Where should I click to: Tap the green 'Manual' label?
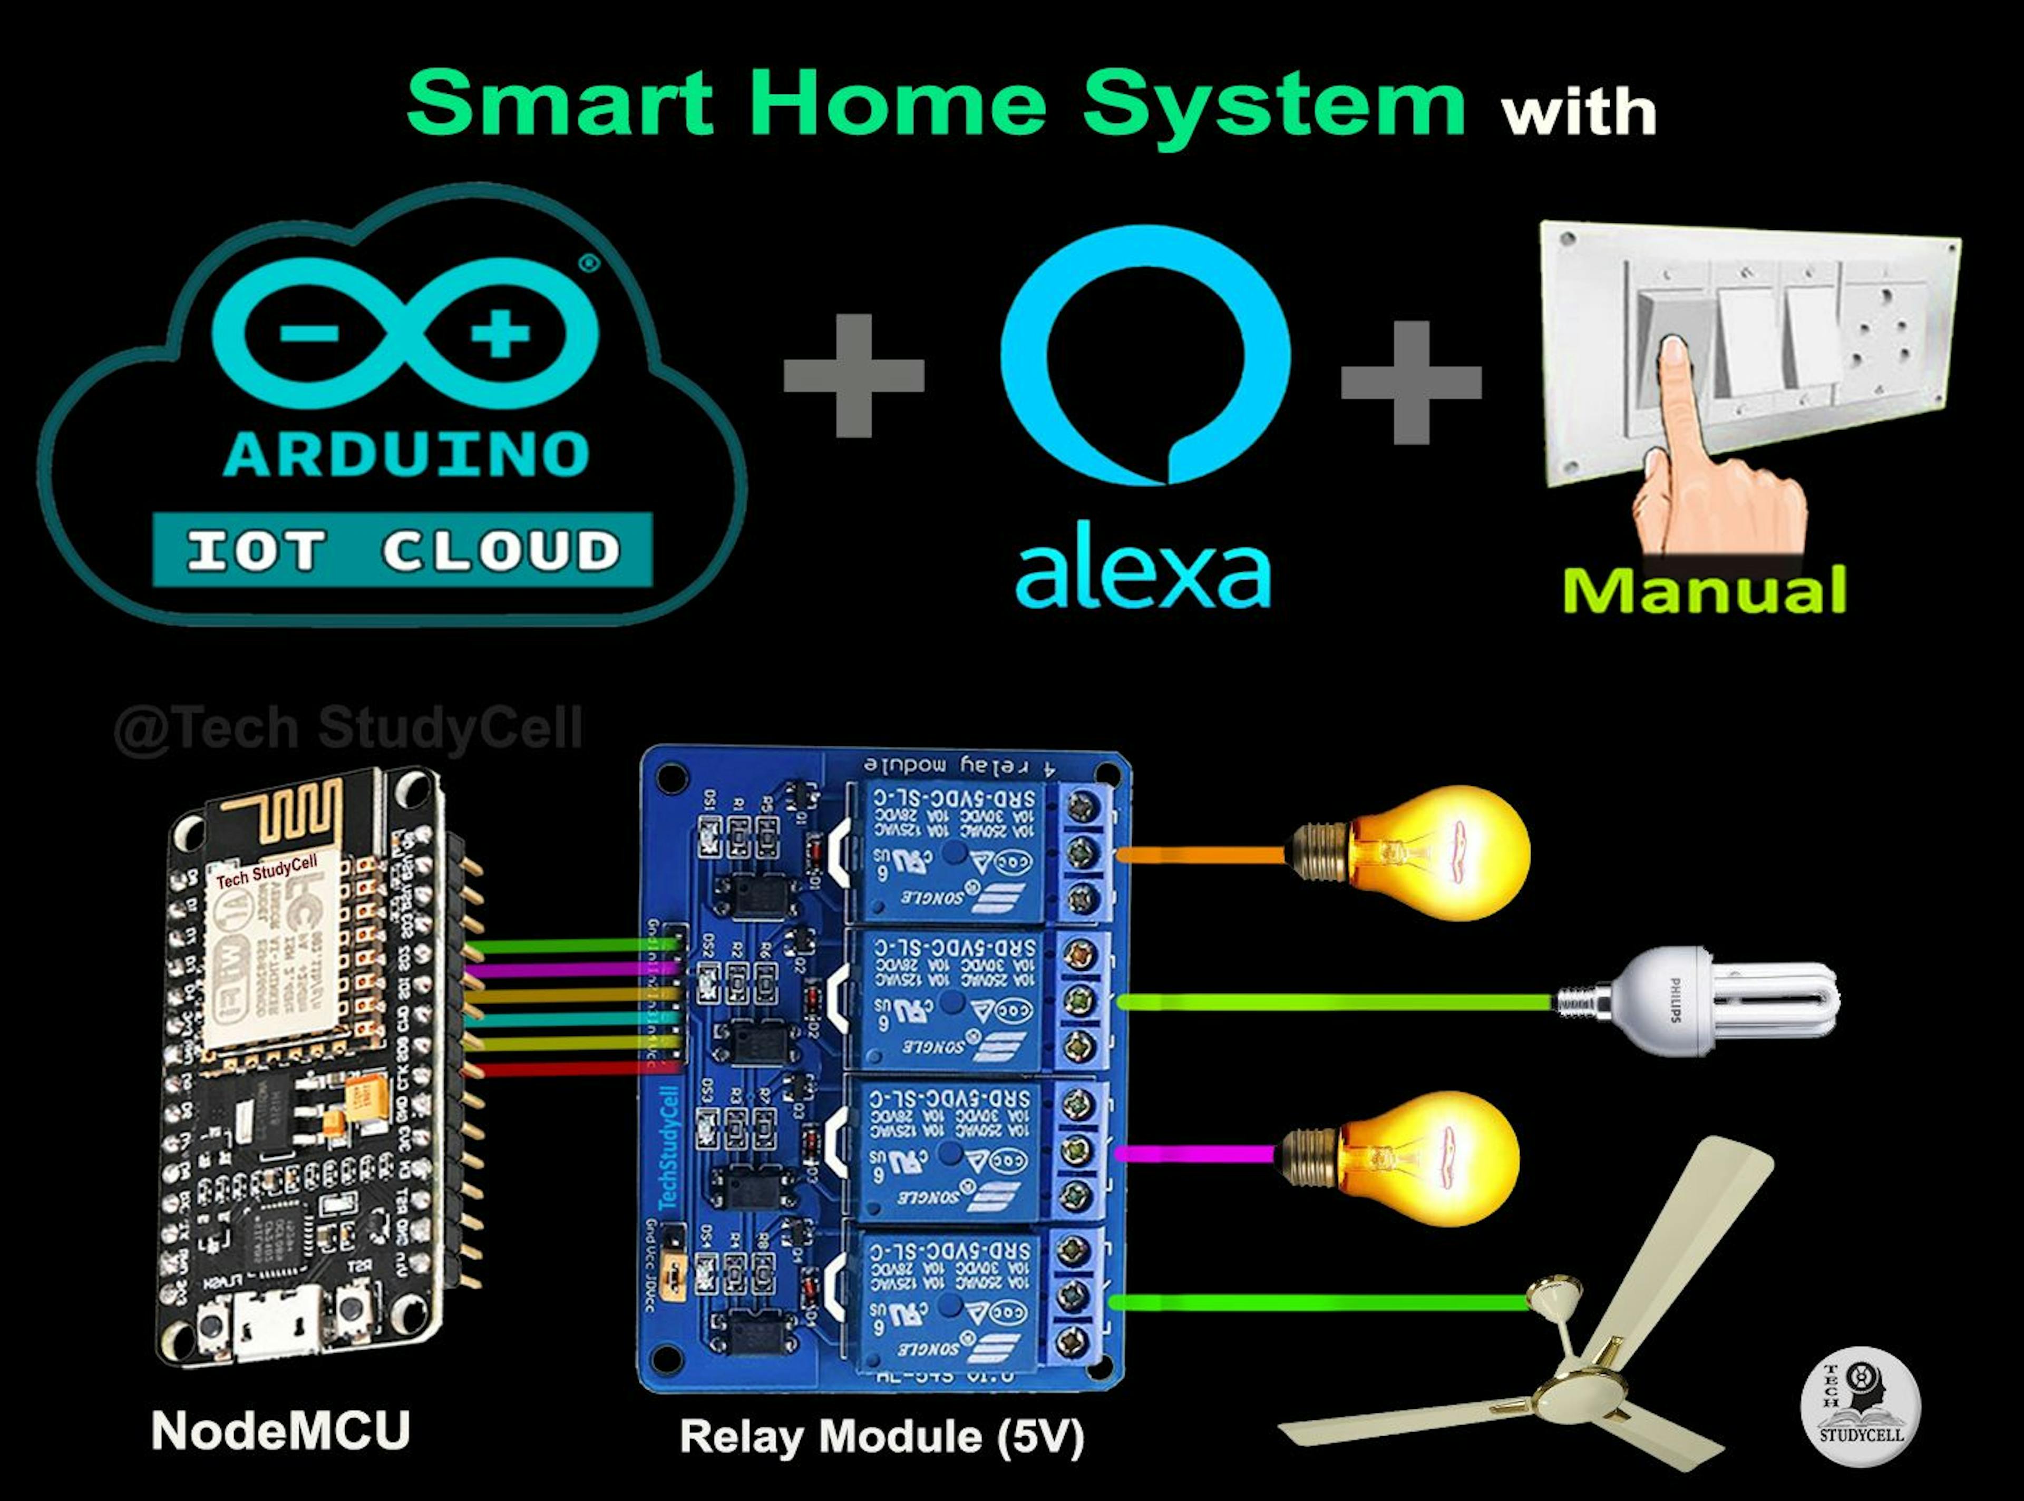[1704, 591]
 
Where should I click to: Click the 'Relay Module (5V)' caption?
[881, 1437]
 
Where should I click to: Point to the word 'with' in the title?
[1579, 113]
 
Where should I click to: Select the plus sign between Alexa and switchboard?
[1411, 382]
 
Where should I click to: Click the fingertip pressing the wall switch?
[1672, 350]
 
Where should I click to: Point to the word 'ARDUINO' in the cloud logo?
[406, 454]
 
